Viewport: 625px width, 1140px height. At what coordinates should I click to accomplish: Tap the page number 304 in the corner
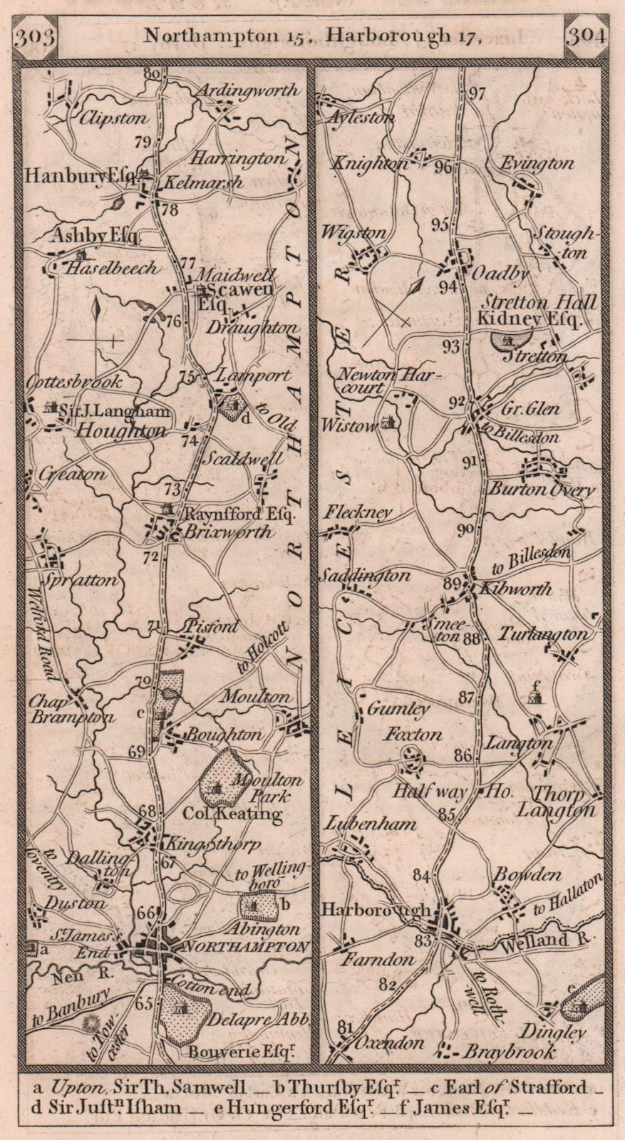[x=587, y=36]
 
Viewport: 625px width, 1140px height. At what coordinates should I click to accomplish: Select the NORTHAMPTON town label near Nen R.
[x=247, y=947]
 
